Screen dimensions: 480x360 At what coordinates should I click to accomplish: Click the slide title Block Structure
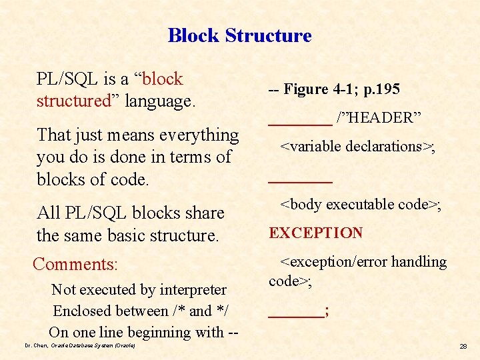(x=239, y=35)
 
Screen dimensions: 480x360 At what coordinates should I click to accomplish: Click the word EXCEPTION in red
(x=315, y=233)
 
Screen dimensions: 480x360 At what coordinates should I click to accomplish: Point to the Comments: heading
(x=75, y=264)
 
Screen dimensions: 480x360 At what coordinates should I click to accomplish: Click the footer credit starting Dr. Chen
(x=79, y=346)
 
